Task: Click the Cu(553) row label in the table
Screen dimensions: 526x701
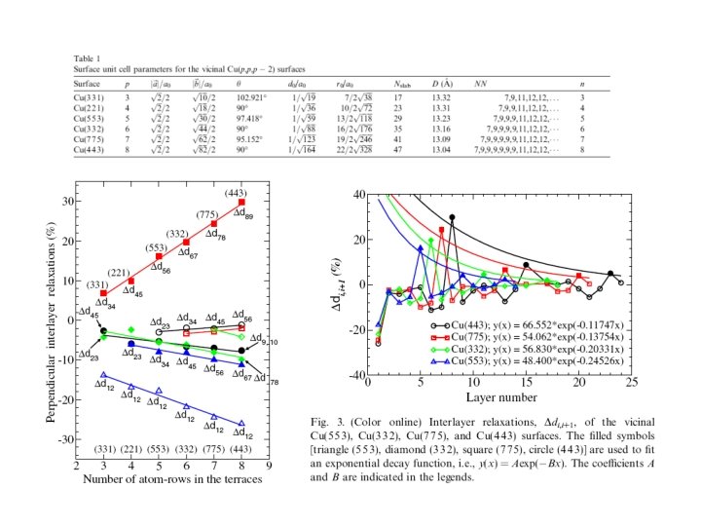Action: coord(88,120)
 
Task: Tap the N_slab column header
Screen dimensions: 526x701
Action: coord(406,85)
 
